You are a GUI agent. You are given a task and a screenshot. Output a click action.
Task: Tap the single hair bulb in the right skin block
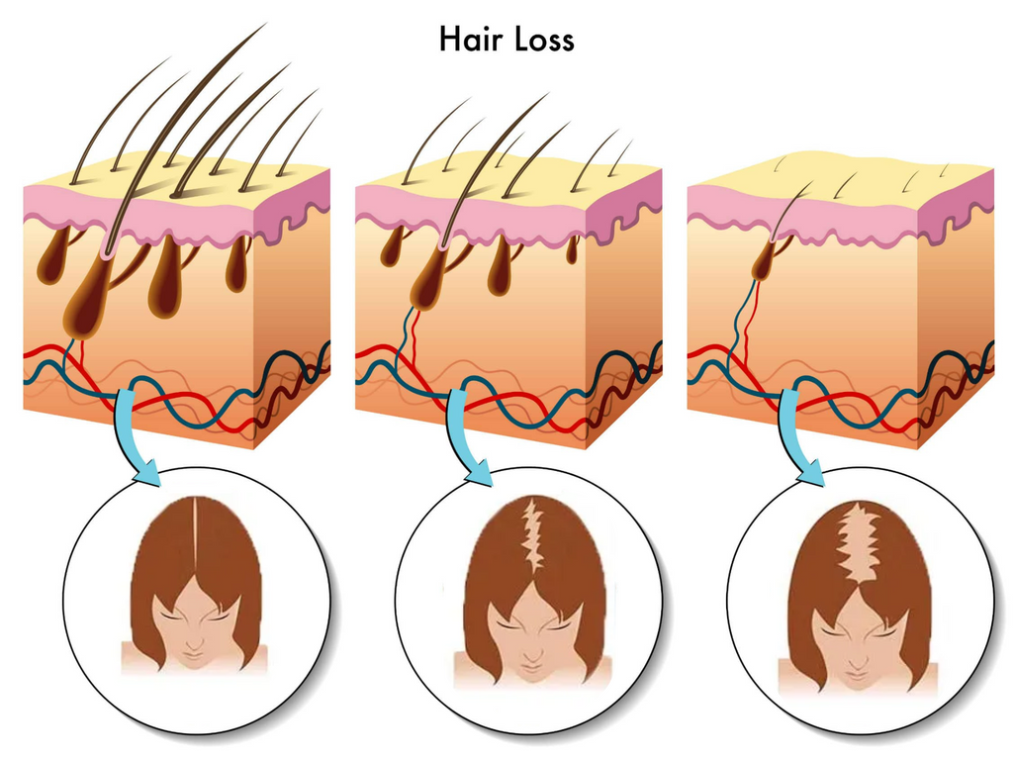(765, 259)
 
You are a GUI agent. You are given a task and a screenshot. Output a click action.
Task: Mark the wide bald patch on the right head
(859, 541)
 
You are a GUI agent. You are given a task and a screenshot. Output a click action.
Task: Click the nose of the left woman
(195, 642)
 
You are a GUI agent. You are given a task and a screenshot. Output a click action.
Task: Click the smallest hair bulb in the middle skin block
(572, 249)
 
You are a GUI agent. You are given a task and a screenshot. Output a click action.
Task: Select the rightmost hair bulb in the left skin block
(236, 264)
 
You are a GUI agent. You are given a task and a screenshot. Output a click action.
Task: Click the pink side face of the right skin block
(957, 206)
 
